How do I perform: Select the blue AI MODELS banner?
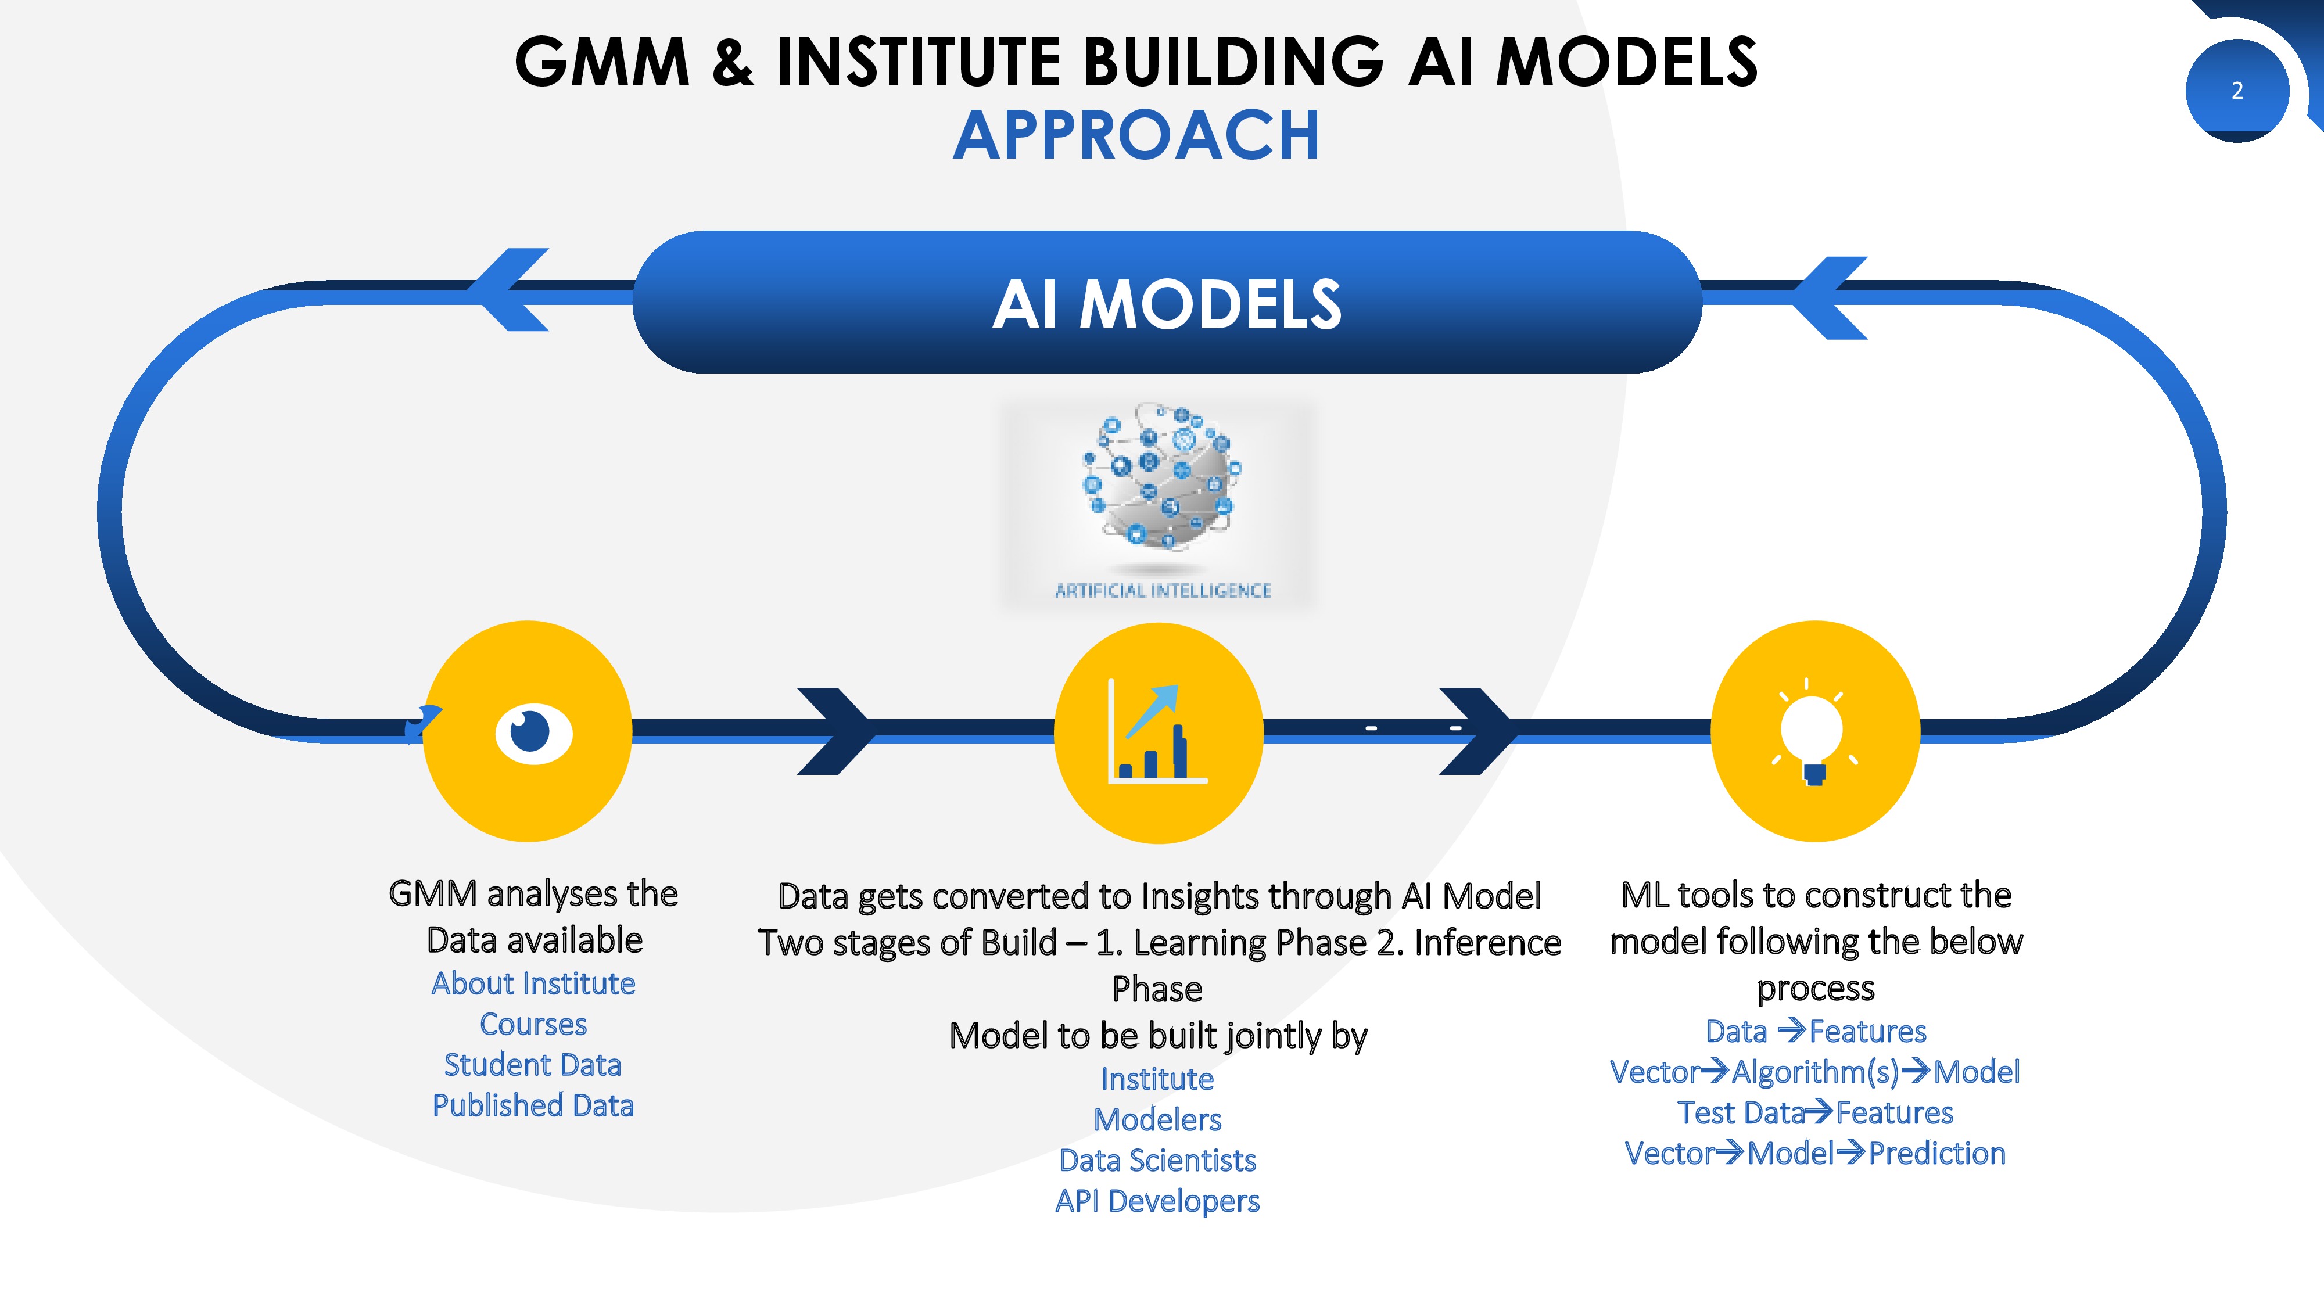1167,302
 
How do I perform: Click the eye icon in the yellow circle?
533,733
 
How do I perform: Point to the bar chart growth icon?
1157,733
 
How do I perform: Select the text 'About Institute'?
533,983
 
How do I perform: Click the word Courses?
533,1024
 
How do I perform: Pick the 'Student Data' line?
533,1064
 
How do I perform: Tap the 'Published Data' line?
533,1105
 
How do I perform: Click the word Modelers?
1157,1119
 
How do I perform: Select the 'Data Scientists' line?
1157,1160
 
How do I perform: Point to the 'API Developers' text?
1157,1201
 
